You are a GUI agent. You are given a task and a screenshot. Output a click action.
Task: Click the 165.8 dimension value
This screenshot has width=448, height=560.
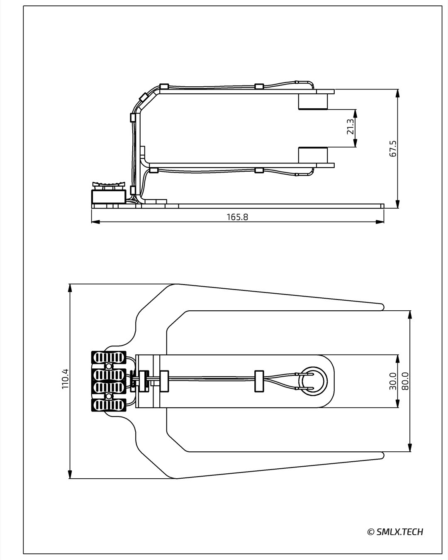click(x=237, y=217)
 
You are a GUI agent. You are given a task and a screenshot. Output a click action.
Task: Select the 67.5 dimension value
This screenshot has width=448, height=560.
click(x=393, y=149)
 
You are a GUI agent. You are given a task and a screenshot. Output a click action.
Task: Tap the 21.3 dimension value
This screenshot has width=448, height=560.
click(x=350, y=127)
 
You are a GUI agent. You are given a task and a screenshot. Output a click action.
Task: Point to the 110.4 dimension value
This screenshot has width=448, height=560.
click(x=65, y=379)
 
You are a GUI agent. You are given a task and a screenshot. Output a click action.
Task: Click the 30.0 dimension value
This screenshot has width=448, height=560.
click(x=392, y=381)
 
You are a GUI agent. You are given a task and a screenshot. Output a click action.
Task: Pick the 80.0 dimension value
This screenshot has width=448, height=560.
click(x=405, y=381)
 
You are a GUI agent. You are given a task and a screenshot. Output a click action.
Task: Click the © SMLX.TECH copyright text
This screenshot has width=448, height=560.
click(x=395, y=532)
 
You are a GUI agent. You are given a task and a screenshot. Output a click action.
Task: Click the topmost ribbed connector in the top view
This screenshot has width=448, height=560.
click(x=109, y=357)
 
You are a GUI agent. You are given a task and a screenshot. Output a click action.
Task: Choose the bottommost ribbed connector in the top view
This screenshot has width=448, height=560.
click(x=109, y=405)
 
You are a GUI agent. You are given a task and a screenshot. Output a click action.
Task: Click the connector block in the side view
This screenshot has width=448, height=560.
click(x=109, y=196)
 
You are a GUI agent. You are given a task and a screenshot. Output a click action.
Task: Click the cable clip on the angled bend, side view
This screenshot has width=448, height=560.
click(x=144, y=98)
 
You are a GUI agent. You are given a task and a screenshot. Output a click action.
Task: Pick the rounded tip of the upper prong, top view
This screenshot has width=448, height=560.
click(x=381, y=307)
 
